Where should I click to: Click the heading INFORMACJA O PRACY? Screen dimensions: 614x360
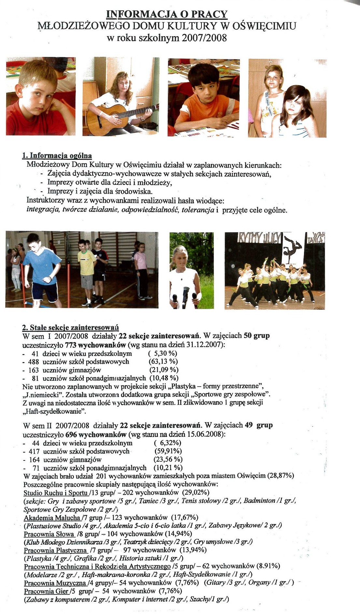[167, 14]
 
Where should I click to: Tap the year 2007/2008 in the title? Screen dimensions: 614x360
[204, 38]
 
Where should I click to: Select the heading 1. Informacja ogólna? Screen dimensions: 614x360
[57, 156]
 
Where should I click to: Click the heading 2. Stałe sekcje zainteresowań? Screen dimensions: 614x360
[70, 327]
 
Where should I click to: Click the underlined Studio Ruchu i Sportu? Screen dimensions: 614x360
[56, 493]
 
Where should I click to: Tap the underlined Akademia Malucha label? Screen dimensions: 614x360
[52, 517]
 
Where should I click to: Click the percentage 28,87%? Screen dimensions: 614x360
[281, 476]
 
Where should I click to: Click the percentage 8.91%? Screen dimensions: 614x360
[269, 566]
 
